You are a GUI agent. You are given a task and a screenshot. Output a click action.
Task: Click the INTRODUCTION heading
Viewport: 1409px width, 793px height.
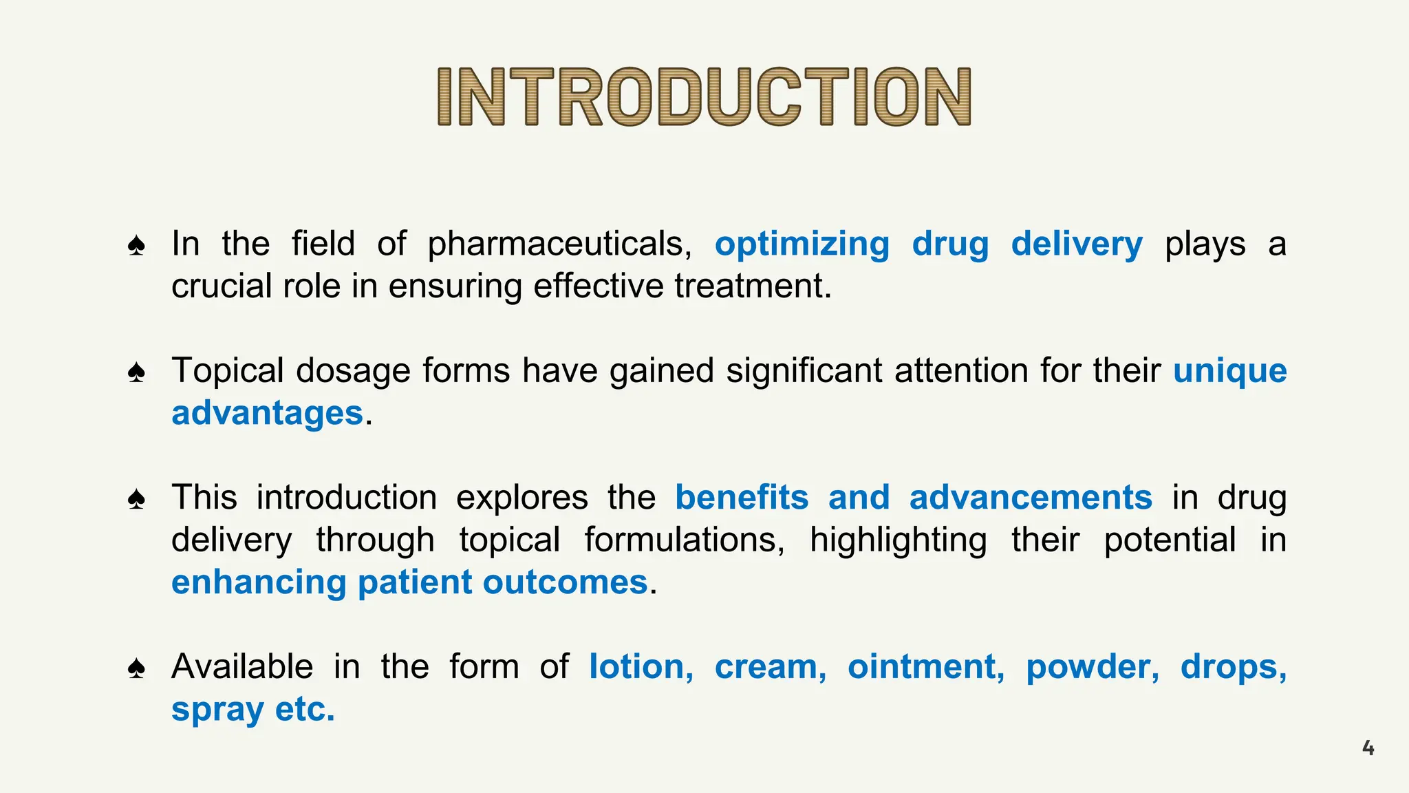point(704,96)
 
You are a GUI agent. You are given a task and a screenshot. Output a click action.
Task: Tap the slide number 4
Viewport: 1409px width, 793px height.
point(1368,748)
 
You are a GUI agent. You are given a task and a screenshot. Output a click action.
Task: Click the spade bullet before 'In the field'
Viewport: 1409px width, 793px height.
point(137,246)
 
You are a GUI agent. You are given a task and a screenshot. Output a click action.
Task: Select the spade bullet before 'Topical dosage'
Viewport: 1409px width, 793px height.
point(137,372)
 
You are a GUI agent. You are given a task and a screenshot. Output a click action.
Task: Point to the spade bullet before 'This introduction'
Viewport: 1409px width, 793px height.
point(137,499)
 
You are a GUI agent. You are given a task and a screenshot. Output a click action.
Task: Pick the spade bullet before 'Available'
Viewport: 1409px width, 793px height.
point(137,668)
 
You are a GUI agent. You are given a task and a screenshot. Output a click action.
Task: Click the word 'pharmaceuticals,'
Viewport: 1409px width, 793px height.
point(559,244)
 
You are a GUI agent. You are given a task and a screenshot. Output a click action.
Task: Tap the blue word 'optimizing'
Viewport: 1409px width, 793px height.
point(802,244)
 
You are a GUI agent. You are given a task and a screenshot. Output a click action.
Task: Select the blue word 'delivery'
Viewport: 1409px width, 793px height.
point(1077,244)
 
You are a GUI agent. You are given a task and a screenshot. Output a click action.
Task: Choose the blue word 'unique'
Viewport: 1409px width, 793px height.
point(1229,371)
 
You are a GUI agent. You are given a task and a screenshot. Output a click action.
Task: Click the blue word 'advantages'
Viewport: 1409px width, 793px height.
point(267,413)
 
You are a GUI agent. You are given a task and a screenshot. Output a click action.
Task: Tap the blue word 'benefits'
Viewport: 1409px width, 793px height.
point(742,498)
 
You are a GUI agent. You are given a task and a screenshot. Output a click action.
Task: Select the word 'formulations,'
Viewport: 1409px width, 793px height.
point(685,540)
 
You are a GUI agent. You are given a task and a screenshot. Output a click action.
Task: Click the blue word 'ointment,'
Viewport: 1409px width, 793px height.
point(926,667)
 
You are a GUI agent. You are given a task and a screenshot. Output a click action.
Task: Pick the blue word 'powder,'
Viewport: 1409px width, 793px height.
point(1093,667)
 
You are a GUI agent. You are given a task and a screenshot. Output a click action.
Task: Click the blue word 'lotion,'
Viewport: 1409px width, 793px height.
point(641,667)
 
